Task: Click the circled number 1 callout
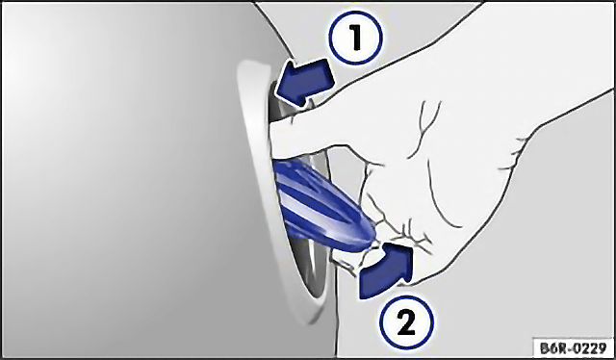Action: click(356, 39)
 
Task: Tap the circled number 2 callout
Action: click(406, 323)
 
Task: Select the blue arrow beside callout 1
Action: click(304, 83)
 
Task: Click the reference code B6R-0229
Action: click(574, 348)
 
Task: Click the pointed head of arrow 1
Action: click(284, 88)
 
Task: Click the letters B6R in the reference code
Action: click(554, 348)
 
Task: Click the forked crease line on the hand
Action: click(423, 126)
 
